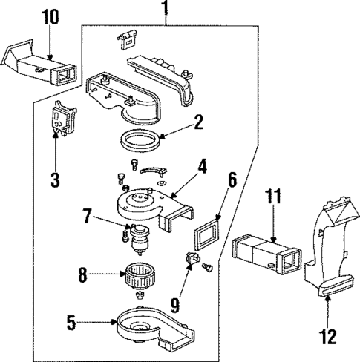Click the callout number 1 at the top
point(165,9)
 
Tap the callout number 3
point(54,180)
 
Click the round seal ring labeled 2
point(140,139)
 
